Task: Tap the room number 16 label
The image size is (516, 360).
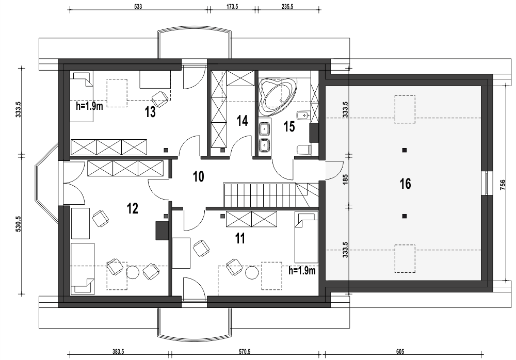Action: [405, 183]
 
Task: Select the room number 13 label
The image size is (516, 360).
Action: [150, 112]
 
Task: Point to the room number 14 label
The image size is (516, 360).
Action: [242, 121]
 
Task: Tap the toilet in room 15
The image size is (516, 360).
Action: [304, 150]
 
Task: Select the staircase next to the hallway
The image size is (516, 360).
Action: [261, 194]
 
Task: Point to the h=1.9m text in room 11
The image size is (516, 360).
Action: [302, 270]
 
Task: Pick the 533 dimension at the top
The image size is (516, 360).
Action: [138, 6]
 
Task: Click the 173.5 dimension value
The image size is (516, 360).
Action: [232, 6]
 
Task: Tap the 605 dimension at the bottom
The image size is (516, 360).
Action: [400, 351]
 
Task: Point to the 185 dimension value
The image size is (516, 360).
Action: [345, 179]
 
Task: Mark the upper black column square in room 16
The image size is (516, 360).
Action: [405, 150]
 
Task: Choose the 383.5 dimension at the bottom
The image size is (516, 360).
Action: [118, 351]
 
